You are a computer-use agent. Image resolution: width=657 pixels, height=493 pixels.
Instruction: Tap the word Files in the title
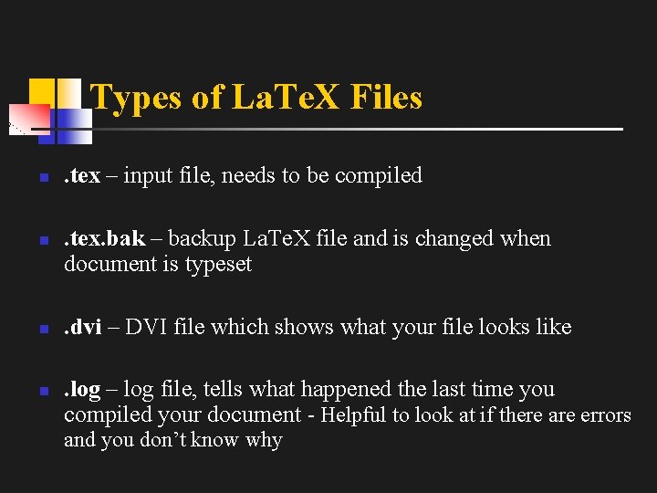click(x=386, y=97)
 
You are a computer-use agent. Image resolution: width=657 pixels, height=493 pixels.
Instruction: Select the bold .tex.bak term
click(x=105, y=239)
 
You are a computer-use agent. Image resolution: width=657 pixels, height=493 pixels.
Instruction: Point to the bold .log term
click(x=82, y=390)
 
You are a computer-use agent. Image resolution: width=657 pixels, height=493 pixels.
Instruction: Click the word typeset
click(x=219, y=265)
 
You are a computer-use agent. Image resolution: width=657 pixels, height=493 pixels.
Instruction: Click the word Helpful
click(x=355, y=415)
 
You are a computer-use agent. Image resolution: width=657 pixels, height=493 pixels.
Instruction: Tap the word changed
click(x=455, y=239)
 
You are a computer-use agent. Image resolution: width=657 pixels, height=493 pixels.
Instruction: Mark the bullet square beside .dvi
click(x=42, y=328)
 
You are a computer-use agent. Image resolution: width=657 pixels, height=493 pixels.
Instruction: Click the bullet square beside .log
click(x=42, y=391)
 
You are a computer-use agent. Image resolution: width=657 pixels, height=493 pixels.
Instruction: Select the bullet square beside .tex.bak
click(x=42, y=240)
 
